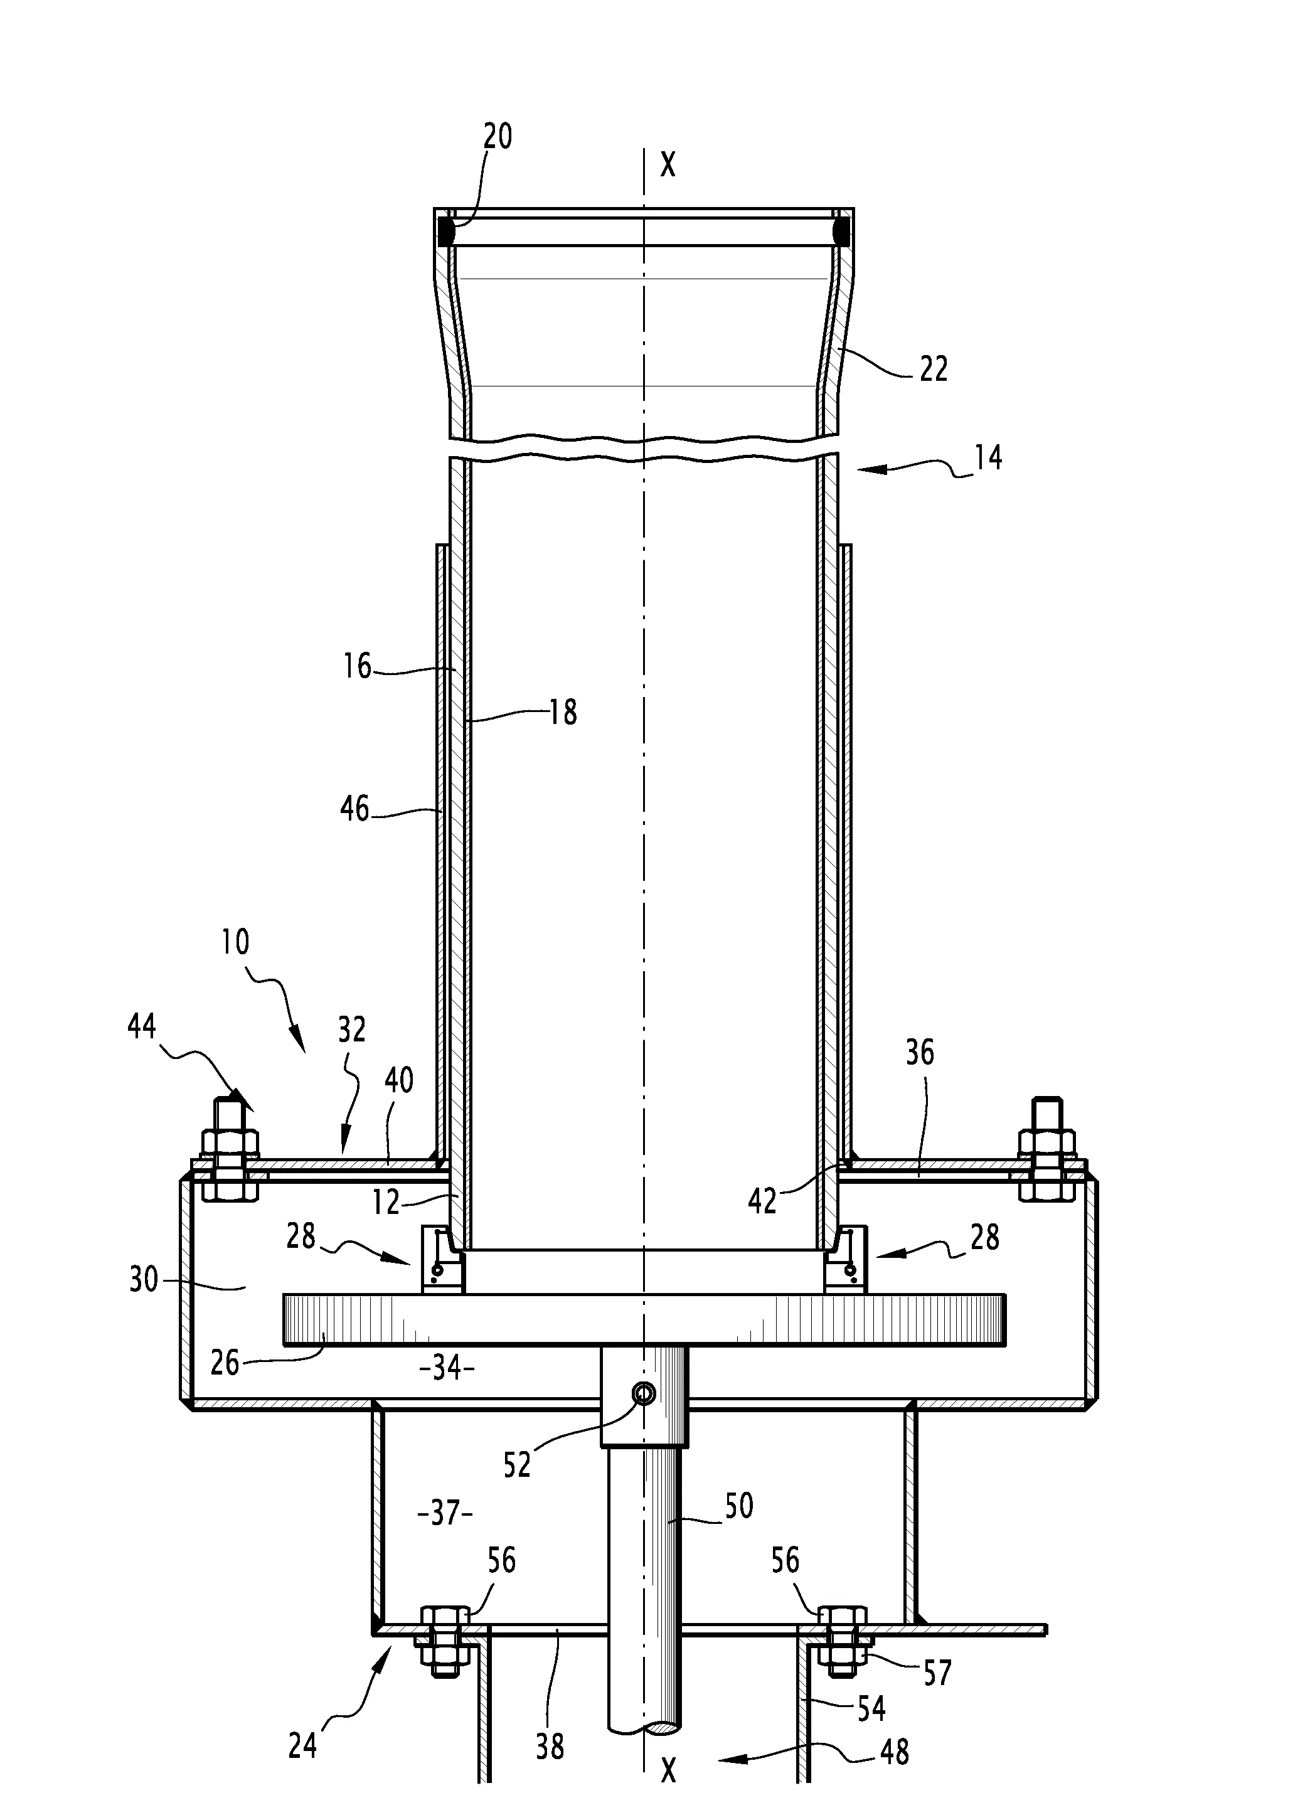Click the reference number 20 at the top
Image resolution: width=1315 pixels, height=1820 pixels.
pyautogui.click(x=498, y=137)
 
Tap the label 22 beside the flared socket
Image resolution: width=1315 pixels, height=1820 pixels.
pyautogui.click(x=933, y=369)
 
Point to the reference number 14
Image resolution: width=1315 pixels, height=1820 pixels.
pyautogui.click(x=989, y=457)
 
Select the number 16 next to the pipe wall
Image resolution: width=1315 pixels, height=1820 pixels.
pyautogui.click(x=357, y=666)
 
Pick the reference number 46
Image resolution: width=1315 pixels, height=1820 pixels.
pyautogui.click(x=354, y=809)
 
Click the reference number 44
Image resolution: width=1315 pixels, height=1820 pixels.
pyautogui.click(x=142, y=1027)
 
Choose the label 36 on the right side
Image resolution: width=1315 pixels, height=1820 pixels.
pyautogui.click(x=920, y=1053)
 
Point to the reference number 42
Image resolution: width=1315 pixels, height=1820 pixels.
pyautogui.click(x=762, y=1201)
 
